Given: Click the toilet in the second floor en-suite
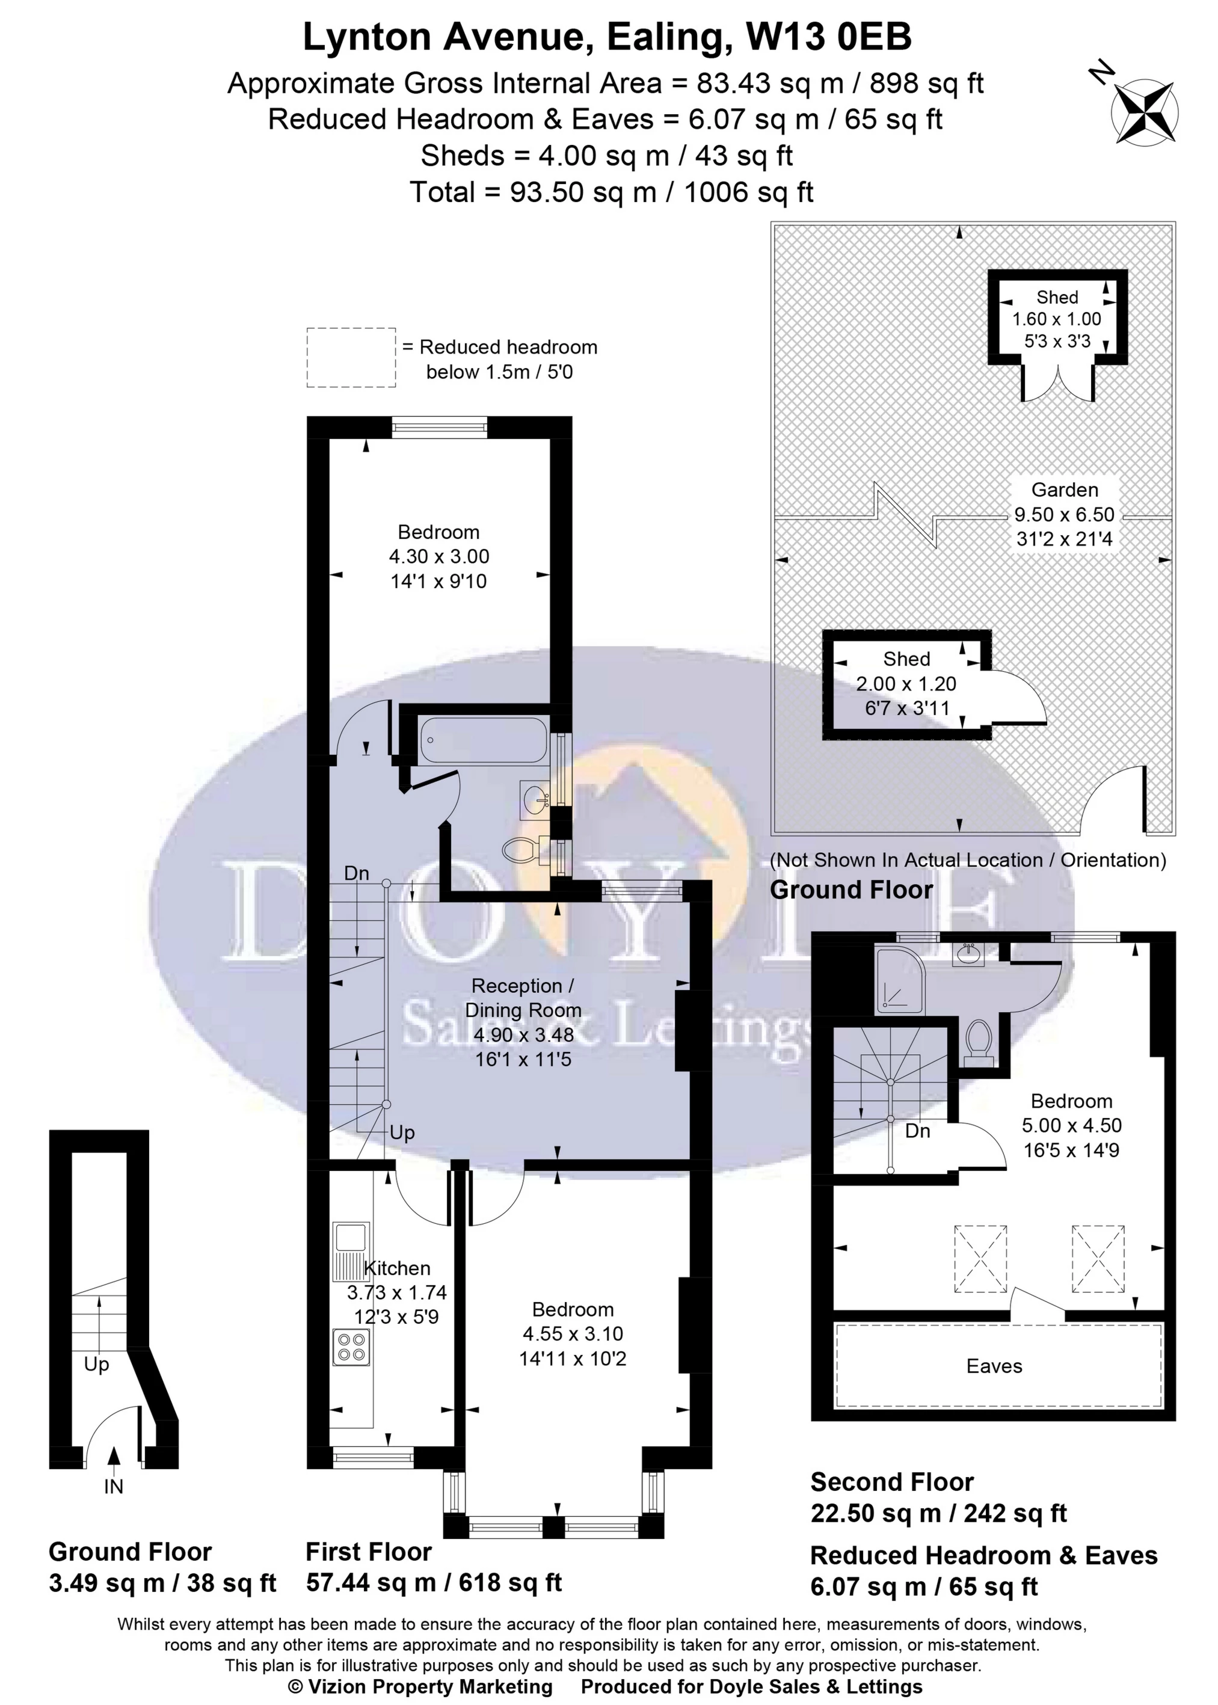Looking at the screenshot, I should [978, 1042].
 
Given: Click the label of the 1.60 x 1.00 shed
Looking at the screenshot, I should [1057, 297].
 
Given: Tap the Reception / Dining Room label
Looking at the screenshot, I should [523, 998].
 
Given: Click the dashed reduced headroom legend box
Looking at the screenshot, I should [351, 358].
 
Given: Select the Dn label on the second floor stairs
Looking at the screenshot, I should [917, 1131].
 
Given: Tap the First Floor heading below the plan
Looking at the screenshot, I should [368, 1551].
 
